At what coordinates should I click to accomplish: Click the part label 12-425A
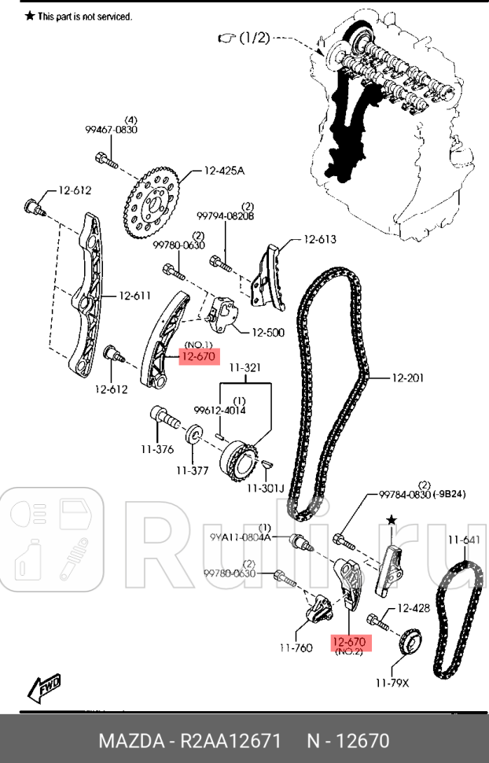(x=224, y=171)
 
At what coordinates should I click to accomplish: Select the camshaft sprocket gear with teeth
(x=152, y=204)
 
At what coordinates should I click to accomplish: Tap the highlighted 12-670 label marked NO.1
(x=200, y=356)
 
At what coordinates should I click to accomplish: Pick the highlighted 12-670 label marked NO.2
(x=351, y=643)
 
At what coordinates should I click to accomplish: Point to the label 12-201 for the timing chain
(x=408, y=378)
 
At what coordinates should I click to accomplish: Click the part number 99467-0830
(x=112, y=130)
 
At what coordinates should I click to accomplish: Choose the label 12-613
(x=320, y=239)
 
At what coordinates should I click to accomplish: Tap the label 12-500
(x=268, y=333)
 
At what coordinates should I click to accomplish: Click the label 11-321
(x=244, y=368)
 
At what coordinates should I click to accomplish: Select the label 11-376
(x=157, y=450)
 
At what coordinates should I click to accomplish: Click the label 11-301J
(x=265, y=488)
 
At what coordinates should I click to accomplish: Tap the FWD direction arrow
(x=44, y=688)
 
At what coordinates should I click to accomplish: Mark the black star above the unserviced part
(x=392, y=521)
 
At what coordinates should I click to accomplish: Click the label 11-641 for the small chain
(x=464, y=540)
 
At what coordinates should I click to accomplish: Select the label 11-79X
(x=392, y=684)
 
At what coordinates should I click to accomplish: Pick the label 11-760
(x=296, y=648)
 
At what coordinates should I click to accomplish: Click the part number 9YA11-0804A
(x=240, y=537)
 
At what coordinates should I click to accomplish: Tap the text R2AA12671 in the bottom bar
(x=230, y=741)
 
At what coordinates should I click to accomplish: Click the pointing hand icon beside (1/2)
(x=227, y=38)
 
